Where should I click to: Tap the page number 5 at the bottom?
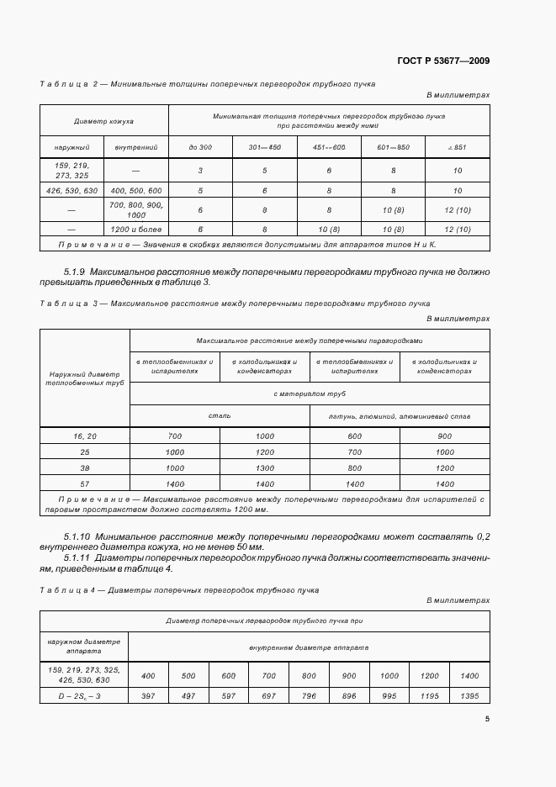coord(487,718)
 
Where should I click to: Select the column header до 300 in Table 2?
coord(200,147)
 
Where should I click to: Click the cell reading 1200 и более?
coord(135,229)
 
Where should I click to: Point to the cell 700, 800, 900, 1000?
coord(135,209)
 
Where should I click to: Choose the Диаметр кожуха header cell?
coord(104,121)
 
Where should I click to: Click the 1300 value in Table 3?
coord(265,467)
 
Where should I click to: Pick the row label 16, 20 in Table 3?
coord(86,436)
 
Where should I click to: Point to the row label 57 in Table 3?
coord(86,483)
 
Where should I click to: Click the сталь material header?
coord(220,415)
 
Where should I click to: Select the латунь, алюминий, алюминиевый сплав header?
coord(400,415)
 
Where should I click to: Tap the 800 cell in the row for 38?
coord(354,467)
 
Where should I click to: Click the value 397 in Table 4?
coord(149,697)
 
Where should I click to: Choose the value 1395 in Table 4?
coord(469,697)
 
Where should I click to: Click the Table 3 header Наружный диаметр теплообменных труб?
coord(86,378)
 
